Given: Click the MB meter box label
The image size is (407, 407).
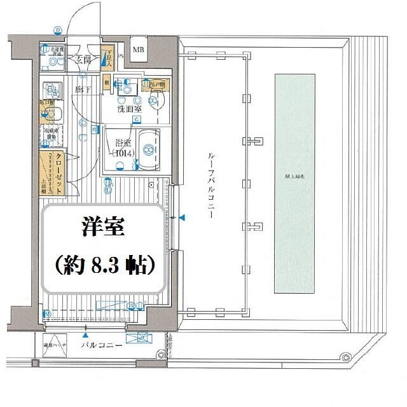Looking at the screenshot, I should [138, 50].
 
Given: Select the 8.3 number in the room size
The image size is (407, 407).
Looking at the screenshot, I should [107, 264].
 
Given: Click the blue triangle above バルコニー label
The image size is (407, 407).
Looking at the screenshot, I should [85, 334].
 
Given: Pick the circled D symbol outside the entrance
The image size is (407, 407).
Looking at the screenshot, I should [58, 30].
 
